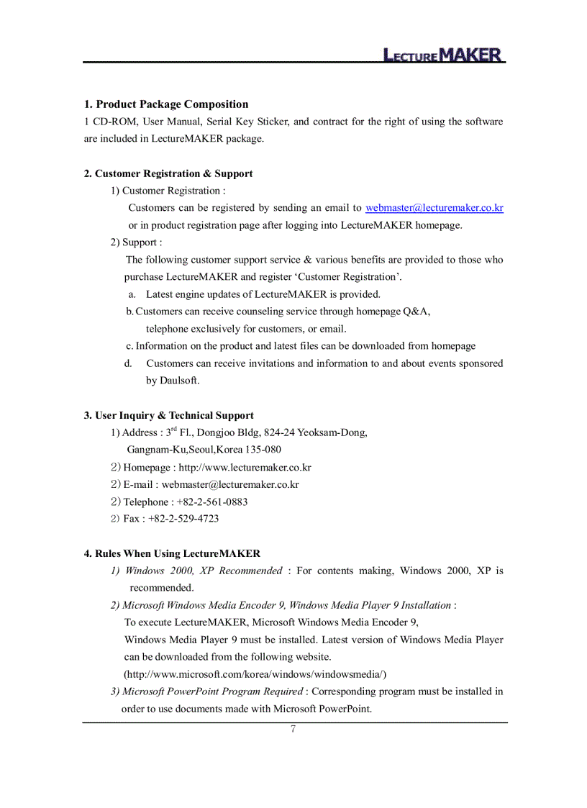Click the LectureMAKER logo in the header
coord(442,55)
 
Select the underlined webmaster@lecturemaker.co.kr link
coord(434,208)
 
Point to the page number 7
coord(293,730)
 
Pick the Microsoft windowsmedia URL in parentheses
coord(255,674)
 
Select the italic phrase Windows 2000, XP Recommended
coord(204,571)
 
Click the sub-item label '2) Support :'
coord(136,242)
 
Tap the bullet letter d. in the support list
coord(128,363)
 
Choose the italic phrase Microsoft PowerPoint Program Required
coord(213,691)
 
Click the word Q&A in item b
coord(417,312)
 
